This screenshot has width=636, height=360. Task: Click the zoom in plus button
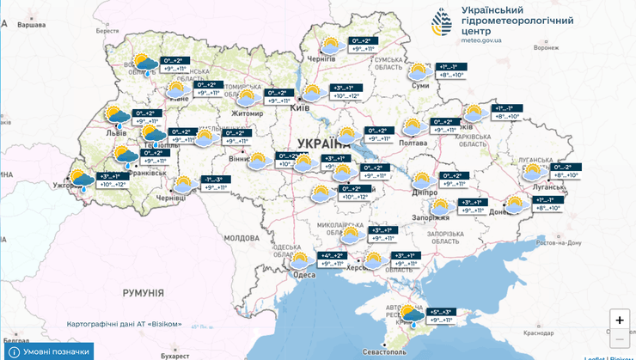tap(619, 320)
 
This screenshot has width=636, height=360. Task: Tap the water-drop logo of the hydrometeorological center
tap(443, 22)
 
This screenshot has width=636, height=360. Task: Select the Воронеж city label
tap(546, 48)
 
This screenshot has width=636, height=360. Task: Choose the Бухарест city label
tap(174, 354)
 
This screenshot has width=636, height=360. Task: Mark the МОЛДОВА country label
tap(241, 237)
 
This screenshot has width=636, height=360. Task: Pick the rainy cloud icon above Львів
tap(117, 117)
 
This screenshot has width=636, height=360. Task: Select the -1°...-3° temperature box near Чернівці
tap(217, 183)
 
